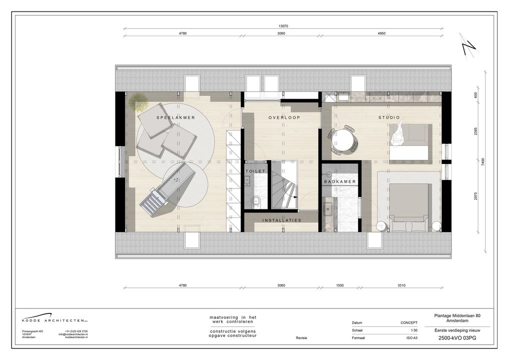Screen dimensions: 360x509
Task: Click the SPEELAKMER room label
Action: coord(175,117)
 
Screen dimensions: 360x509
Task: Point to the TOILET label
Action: coord(255,171)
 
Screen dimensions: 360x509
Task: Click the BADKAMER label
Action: coord(340,181)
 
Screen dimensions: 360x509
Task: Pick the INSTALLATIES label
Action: coord(281,220)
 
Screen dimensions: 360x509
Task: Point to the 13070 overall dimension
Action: coord(283,26)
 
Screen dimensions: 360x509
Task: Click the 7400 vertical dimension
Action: coord(483,162)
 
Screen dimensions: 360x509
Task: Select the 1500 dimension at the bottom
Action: coord(340,285)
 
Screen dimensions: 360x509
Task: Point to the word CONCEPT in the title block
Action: coord(408,323)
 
